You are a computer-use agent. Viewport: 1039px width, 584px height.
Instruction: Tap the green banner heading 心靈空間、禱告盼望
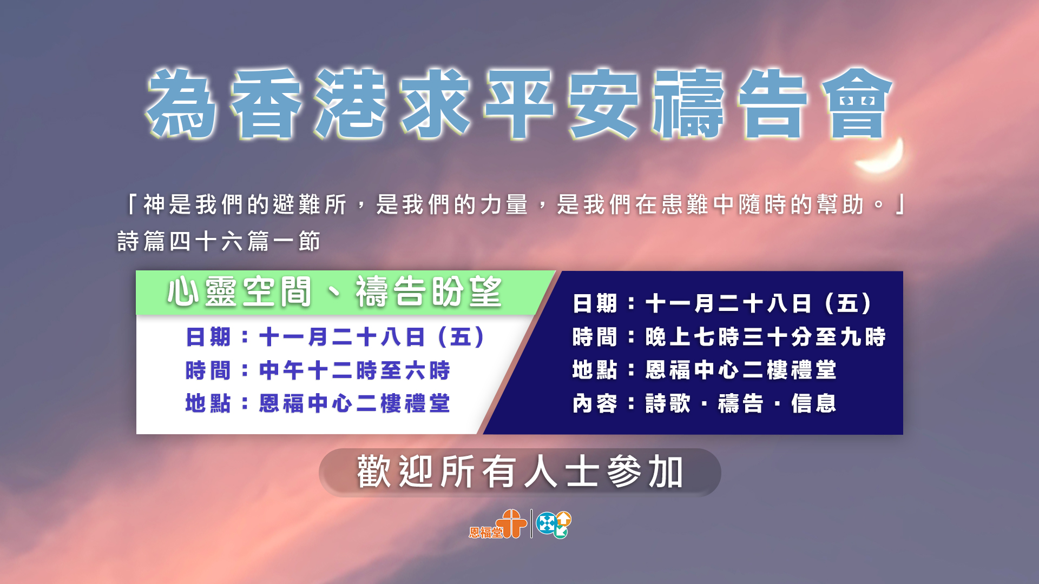coord(334,292)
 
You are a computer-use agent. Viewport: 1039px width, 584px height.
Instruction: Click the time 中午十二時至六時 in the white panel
coord(355,370)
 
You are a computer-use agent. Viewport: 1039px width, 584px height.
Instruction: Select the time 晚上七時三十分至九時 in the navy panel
coord(766,337)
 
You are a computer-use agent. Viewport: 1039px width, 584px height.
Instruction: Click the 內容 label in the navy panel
coord(595,403)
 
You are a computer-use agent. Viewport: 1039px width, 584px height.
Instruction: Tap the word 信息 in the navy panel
coord(814,403)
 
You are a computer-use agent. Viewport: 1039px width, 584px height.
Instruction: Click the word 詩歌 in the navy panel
coord(668,403)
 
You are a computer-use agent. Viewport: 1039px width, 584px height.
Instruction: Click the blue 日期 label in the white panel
coord(208,337)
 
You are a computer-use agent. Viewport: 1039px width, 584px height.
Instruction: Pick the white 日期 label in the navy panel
coord(595,303)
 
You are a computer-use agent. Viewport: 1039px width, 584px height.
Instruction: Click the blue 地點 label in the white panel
coord(208,403)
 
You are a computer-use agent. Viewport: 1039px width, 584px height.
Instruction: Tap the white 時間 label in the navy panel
coord(595,337)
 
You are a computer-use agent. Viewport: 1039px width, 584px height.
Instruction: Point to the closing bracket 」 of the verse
coord(900,204)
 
